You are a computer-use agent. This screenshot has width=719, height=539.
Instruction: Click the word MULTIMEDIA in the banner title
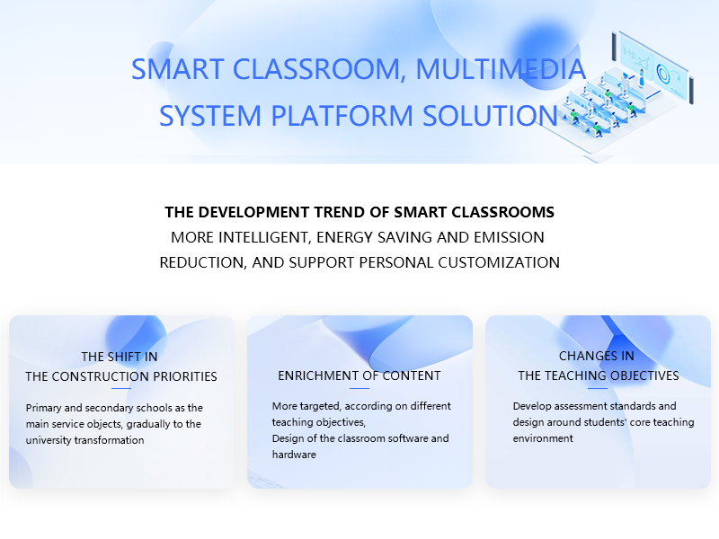(501, 69)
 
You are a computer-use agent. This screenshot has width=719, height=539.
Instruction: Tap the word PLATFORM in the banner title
(342, 115)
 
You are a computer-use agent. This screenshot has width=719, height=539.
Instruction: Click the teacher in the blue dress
(642, 78)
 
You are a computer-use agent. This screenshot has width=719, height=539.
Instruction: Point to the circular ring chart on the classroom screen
(662, 74)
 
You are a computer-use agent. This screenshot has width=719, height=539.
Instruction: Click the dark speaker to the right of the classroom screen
(691, 91)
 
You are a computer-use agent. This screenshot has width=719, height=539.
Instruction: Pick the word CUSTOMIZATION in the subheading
(499, 262)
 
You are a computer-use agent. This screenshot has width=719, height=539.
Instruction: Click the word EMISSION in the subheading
(509, 237)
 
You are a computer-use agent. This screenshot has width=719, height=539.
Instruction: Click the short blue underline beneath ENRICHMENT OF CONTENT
(359, 388)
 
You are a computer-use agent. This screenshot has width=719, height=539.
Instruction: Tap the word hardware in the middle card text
(294, 455)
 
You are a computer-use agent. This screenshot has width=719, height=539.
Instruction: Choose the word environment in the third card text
(543, 438)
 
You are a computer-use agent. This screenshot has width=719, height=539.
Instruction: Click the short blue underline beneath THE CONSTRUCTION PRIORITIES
(121, 389)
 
